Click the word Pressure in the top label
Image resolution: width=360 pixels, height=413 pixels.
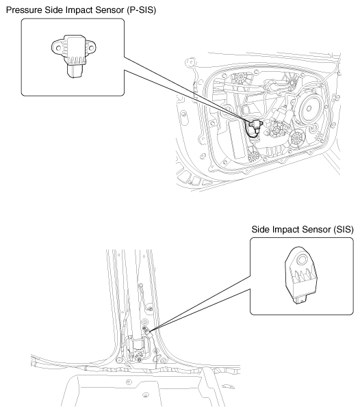[24, 10]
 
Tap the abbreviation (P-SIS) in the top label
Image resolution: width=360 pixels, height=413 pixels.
[141, 10]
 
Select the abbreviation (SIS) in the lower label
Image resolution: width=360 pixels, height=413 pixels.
[343, 230]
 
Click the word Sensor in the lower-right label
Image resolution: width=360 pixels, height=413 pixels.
[316, 230]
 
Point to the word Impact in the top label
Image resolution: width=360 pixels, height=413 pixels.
[79, 10]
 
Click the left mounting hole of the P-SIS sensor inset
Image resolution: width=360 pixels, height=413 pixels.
[58, 49]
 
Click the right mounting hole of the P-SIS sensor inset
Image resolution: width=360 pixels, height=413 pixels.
[90, 48]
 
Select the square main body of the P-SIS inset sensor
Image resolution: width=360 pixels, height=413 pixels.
[77, 50]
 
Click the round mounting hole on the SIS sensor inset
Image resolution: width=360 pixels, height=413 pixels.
[301, 261]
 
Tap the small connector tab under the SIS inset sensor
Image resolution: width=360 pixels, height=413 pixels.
[300, 299]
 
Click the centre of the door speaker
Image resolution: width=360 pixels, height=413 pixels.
[309, 108]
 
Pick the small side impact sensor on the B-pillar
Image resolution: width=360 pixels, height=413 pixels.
[149, 333]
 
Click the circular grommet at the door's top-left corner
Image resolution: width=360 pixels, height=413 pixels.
[190, 63]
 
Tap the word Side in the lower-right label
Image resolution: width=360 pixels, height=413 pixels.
[260, 230]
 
